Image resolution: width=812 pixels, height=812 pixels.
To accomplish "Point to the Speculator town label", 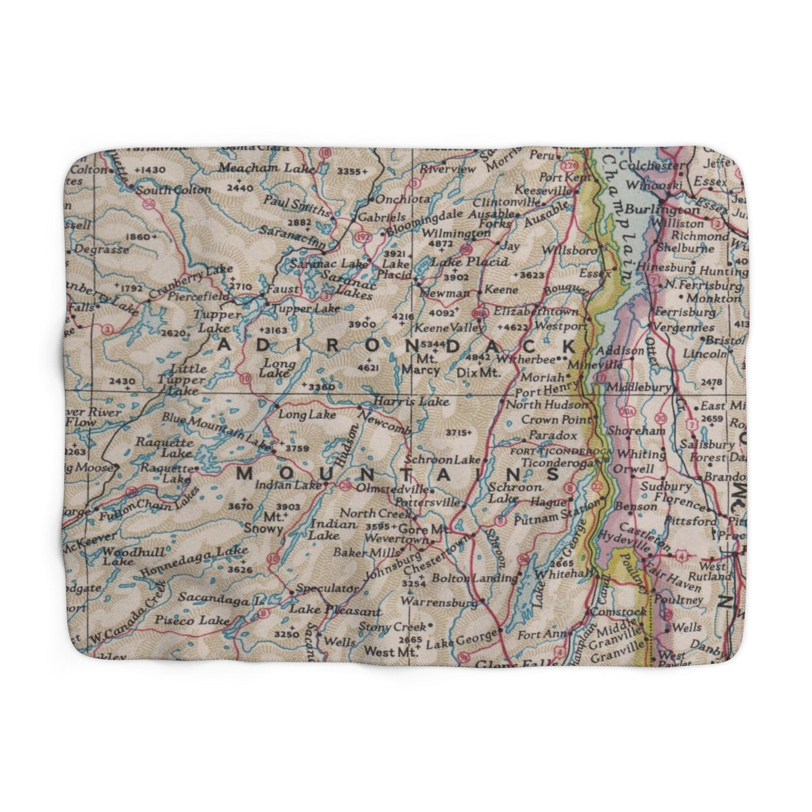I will pos(326,589).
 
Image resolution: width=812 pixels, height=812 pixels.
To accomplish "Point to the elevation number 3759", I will pos(297,447).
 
